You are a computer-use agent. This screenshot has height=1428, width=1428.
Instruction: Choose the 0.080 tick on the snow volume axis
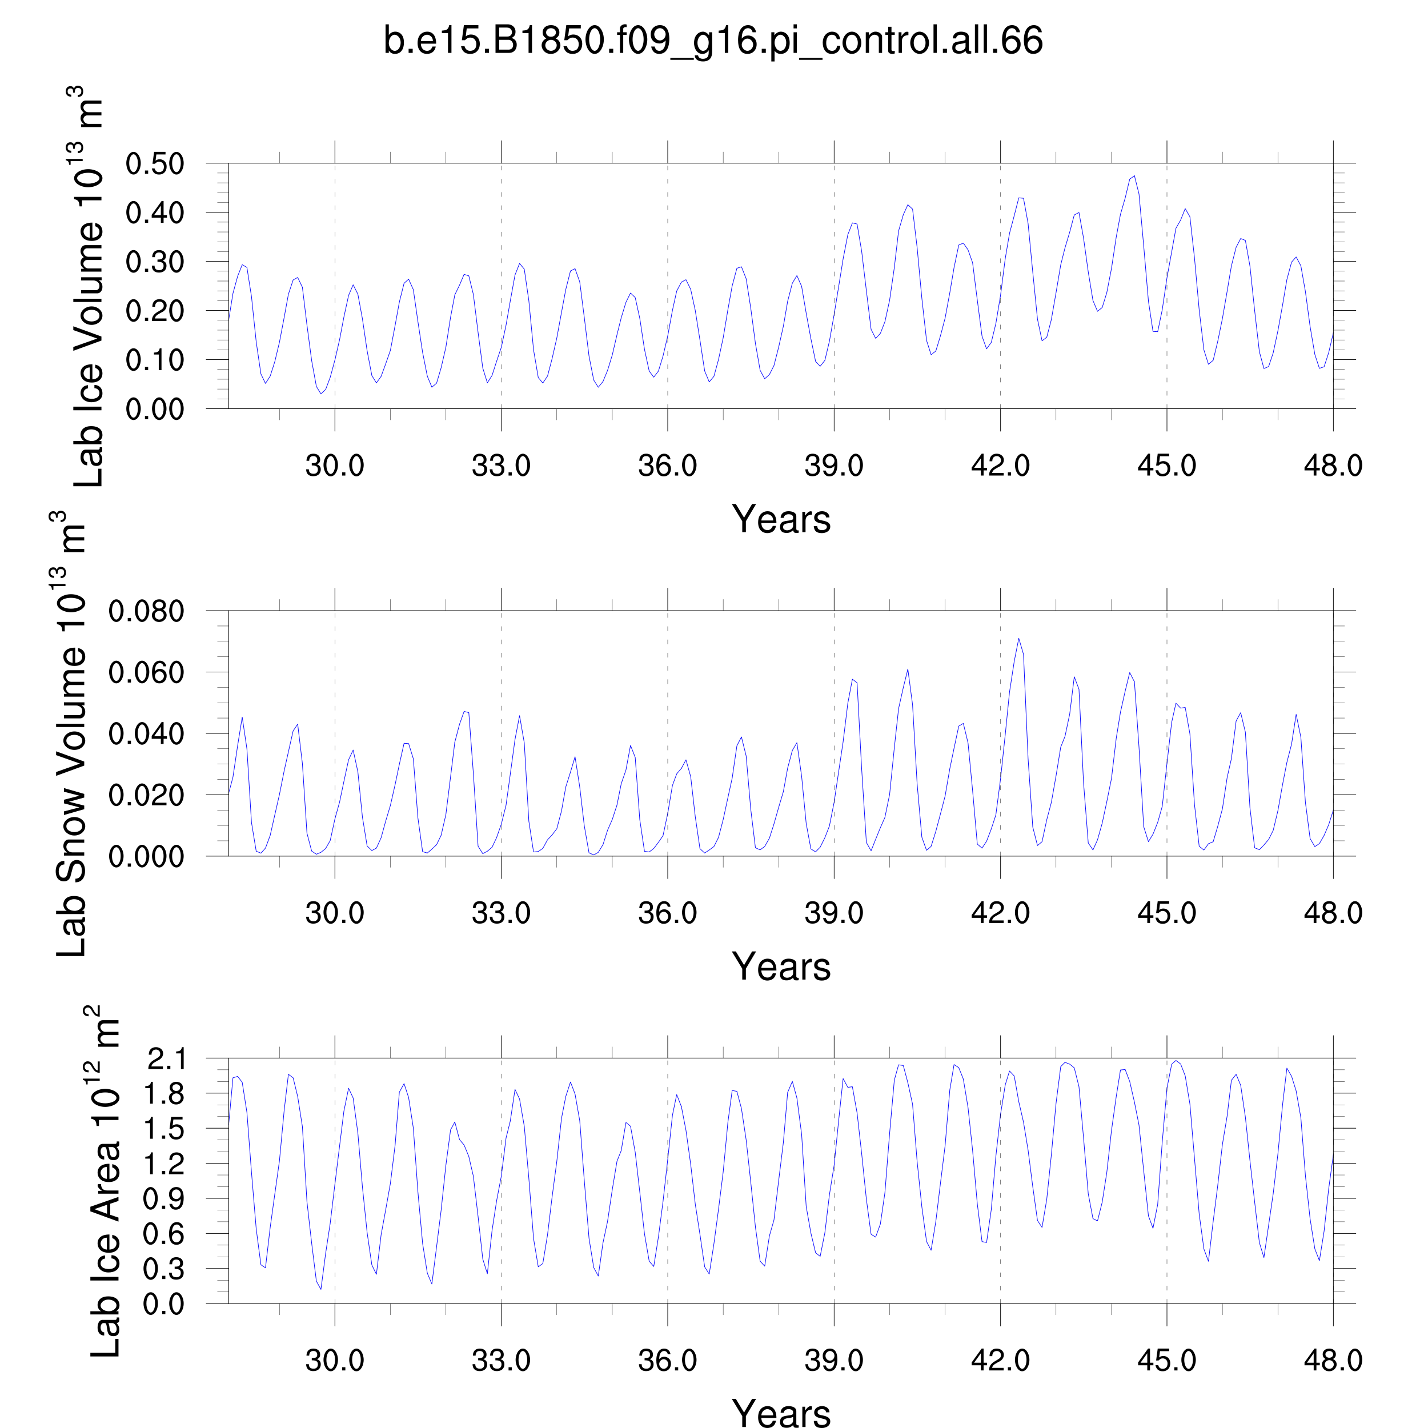point(146,612)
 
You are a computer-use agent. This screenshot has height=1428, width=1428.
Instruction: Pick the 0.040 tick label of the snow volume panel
point(146,735)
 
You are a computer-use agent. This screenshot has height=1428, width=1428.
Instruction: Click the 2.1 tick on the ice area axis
point(166,1059)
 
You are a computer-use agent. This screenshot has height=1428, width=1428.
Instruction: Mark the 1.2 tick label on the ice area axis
point(166,1165)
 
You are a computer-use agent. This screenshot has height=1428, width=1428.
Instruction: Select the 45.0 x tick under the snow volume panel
point(1166,913)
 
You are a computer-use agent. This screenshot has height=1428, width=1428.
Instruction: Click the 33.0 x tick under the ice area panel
point(501,1361)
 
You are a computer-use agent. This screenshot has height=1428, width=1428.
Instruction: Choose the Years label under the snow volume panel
point(781,967)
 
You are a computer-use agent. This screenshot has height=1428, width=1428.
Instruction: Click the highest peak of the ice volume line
point(1134,176)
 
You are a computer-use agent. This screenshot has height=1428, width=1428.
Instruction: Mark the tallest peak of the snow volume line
point(1018,639)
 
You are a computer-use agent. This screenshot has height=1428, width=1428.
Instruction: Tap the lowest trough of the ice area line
point(321,1289)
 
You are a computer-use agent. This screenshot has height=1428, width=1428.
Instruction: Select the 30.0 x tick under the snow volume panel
point(335,913)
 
